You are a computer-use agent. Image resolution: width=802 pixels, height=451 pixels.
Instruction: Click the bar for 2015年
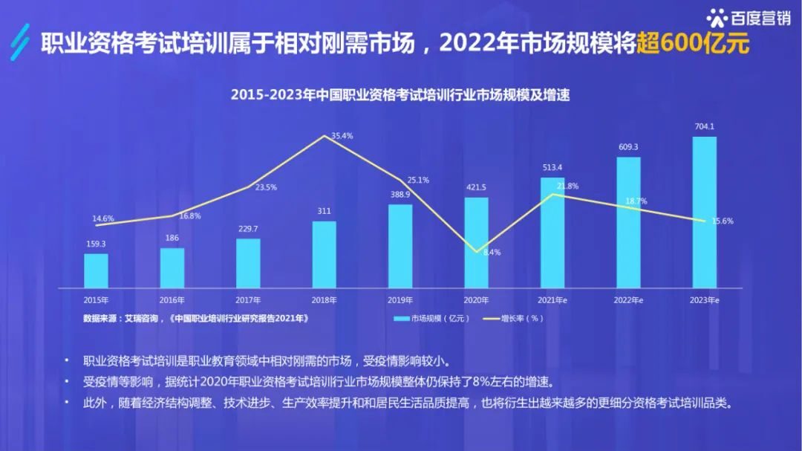pyautogui.click(x=96, y=270)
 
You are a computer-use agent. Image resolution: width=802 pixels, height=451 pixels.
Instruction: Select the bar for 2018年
pyautogui.click(x=324, y=254)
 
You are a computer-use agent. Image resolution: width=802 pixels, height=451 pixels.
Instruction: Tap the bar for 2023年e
pyautogui.click(x=704, y=212)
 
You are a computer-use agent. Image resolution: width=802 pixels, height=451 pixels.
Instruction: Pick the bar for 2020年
pyautogui.click(x=476, y=242)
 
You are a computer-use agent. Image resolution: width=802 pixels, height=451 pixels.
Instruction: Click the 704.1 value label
pyautogui.click(x=704, y=126)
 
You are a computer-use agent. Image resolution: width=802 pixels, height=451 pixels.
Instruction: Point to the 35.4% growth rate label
pyautogui.click(x=342, y=136)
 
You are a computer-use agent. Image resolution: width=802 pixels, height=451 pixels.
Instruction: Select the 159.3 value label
pyautogui.click(x=96, y=244)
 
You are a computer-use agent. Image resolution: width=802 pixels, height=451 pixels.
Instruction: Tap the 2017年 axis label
pyautogui.click(x=248, y=300)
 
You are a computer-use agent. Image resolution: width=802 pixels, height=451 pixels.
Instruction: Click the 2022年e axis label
pyautogui.click(x=628, y=300)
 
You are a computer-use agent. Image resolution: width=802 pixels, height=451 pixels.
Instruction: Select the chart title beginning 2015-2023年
pyautogui.click(x=400, y=95)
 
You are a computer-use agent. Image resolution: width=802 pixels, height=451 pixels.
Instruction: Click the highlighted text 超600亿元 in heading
pyautogui.click(x=694, y=43)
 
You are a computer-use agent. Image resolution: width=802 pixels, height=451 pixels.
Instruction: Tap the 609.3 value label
pyautogui.click(x=628, y=146)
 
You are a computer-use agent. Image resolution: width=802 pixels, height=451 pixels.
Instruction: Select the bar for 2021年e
pyautogui.click(x=552, y=232)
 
